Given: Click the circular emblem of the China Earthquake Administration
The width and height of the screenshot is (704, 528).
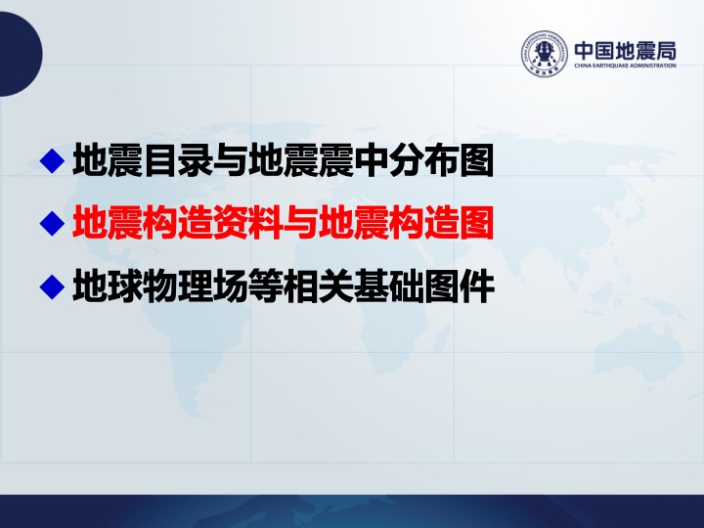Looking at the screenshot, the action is [x=545, y=54].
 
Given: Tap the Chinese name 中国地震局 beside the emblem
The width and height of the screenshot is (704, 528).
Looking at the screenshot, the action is [x=626, y=51].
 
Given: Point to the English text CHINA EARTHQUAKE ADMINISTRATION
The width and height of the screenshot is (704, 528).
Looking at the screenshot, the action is [x=626, y=66].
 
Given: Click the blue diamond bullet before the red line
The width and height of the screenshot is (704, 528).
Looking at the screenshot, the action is [x=53, y=223].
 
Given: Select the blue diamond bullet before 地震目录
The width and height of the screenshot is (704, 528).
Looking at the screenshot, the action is [x=53, y=160].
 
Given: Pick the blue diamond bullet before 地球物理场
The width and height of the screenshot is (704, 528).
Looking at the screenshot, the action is [x=53, y=286].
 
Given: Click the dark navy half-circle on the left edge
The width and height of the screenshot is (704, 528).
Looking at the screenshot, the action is [x=21, y=54].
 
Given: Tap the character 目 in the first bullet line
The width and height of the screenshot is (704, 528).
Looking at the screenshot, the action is [x=160, y=159].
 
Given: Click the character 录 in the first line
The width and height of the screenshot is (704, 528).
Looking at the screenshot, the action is [x=196, y=159].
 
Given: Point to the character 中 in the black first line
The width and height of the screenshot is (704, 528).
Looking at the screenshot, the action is [x=371, y=159].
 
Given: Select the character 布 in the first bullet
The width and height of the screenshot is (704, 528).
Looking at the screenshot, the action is [x=441, y=159].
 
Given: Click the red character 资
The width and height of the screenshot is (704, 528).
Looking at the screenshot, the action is [x=231, y=223].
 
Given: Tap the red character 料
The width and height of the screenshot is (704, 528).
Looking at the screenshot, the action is [x=265, y=223].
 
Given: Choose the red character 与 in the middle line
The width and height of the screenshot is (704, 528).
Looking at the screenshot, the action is [x=300, y=223].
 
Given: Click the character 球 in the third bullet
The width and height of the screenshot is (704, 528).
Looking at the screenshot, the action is [x=125, y=286].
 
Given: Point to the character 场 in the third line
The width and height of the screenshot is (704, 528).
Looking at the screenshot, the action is [x=231, y=286].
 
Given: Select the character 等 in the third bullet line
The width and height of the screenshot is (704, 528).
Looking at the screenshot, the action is [x=265, y=286].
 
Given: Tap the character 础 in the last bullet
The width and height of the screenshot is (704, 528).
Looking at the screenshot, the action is [x=406, y=286].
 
